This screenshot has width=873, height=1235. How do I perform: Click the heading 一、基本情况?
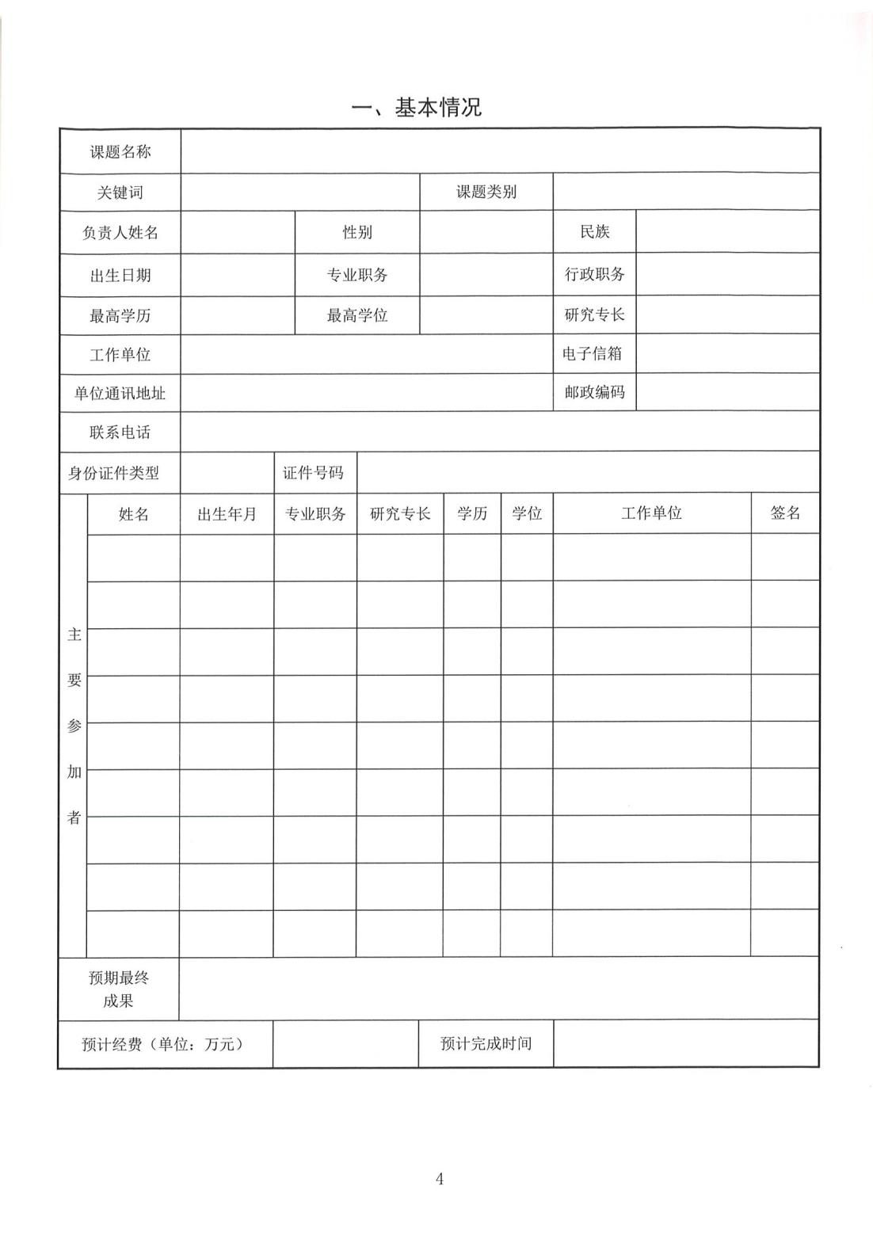coord(417,108)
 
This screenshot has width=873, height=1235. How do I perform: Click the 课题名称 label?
coord(120,151)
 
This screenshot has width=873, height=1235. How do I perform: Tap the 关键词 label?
coord(120,192)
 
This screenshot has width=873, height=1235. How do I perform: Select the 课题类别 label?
coord(486,192)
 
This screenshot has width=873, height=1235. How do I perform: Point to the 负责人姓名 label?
coord(120,233)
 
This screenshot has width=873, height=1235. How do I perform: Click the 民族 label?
coord(594,232)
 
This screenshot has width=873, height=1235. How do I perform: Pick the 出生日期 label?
coord(120,276)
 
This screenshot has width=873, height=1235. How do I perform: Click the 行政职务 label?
coord(594,275)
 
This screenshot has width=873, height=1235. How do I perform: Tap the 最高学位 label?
coord(357,315)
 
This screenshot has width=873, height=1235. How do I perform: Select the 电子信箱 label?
coord(593,353)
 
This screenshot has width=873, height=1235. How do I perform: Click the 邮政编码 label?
coord(594,392)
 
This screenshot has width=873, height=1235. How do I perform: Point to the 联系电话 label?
coord(120,433)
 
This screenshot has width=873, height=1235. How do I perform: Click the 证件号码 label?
coord(314,473)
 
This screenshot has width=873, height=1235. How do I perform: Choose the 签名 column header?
coord(784,513)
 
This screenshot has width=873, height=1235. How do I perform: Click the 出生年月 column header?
coord(227,514)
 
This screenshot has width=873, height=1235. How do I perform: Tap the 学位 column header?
coord(527,513)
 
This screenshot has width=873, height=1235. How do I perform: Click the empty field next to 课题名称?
coord(499,151)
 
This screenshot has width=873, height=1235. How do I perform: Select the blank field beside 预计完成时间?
coord(685,1043)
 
